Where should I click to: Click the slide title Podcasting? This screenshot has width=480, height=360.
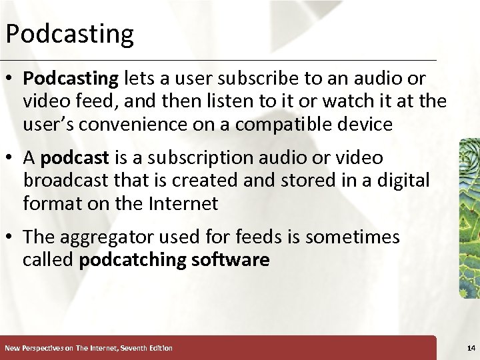tap(69, 33)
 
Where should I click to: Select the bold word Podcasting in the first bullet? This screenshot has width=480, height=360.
tap(70, 79)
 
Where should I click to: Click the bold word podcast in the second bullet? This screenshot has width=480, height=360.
tap(75, 158)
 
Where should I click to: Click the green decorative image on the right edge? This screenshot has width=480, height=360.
tap(469, 217)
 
